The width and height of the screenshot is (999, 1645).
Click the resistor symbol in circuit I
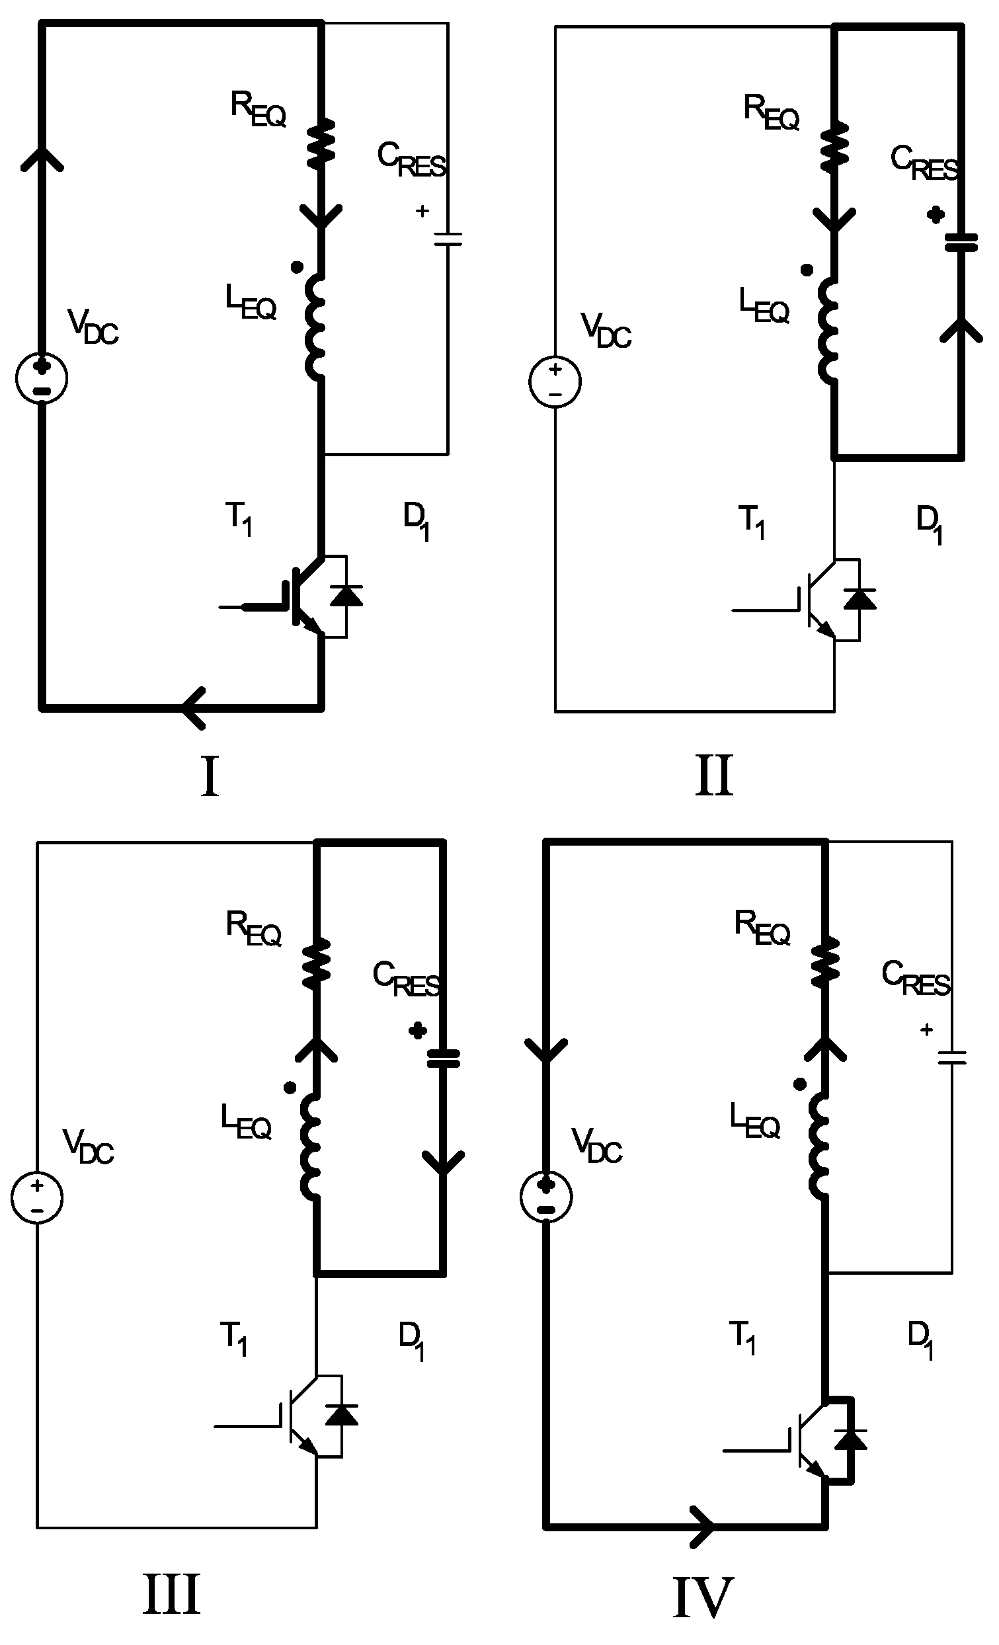(x=321, y=142)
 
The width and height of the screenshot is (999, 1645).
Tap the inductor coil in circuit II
(x=829, y=332)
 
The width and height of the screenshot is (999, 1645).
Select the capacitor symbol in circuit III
(x=443, y=1058)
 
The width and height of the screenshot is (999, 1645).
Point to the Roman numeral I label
(x=210, y=776)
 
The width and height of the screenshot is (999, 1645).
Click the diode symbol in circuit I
(x=346, y=595)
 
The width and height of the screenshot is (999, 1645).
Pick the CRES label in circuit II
(x=925, y=164)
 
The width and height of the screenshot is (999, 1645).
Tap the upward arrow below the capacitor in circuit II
(x=961, y=329)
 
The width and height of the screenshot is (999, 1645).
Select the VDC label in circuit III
(x=88, y=1146)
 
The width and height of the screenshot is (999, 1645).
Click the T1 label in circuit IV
(x=743, y=1338)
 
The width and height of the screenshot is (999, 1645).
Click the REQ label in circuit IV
(x=762, y=928)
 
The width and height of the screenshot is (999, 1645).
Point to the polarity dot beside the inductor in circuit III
(x=290, y=1088)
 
